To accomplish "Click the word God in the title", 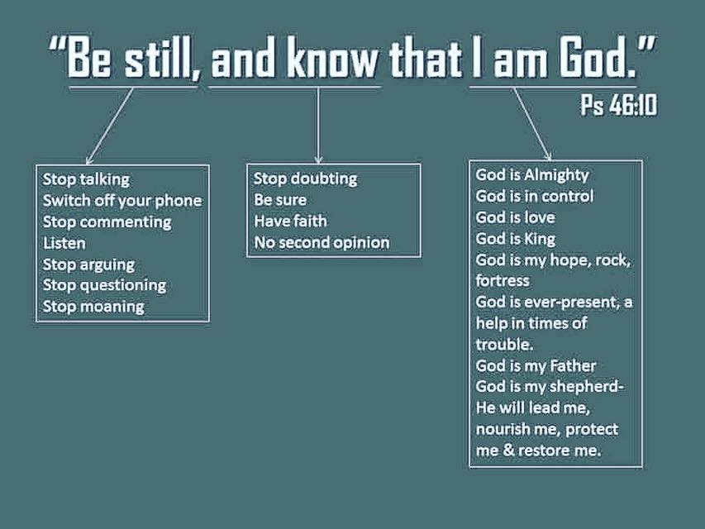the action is pyautogui.click(x=599, y=58).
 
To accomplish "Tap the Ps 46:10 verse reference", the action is pyautogui.click(x=619, y=105).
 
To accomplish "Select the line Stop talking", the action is pyautogui.click(x=86, y=179).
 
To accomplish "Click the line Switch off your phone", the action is pyautogui.click(x=122, y=201).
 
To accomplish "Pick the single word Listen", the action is pyautogui.click(x=64, y=243).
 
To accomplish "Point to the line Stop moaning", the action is pyautogui.click(x=93, y=307).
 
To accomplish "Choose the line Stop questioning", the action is pyautogui.click(x=104, y=286).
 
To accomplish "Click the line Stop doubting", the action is pyautogui.click(x=305, y=179).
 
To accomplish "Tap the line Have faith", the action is pyautogui.click(x=290, y=222).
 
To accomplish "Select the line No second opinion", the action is pyautogui.click(x=322, y=243).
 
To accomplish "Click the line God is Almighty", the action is pyautogui.click(x=532, y=175).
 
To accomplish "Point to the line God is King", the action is pyautogui.click(x=515, y=239).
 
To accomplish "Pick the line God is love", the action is pyautogui.click(x=515, y=217).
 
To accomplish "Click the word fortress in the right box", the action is pyautogui.click(x=503, y=281).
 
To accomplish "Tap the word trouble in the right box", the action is pyautogui.click(x=504, y=345).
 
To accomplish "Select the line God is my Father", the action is pyautogui.click(x=536, y=365).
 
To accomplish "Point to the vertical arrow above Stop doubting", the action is pyautogui.click(x=318, y=125).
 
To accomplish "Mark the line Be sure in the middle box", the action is pyautogui.click(x=280, y=200).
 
